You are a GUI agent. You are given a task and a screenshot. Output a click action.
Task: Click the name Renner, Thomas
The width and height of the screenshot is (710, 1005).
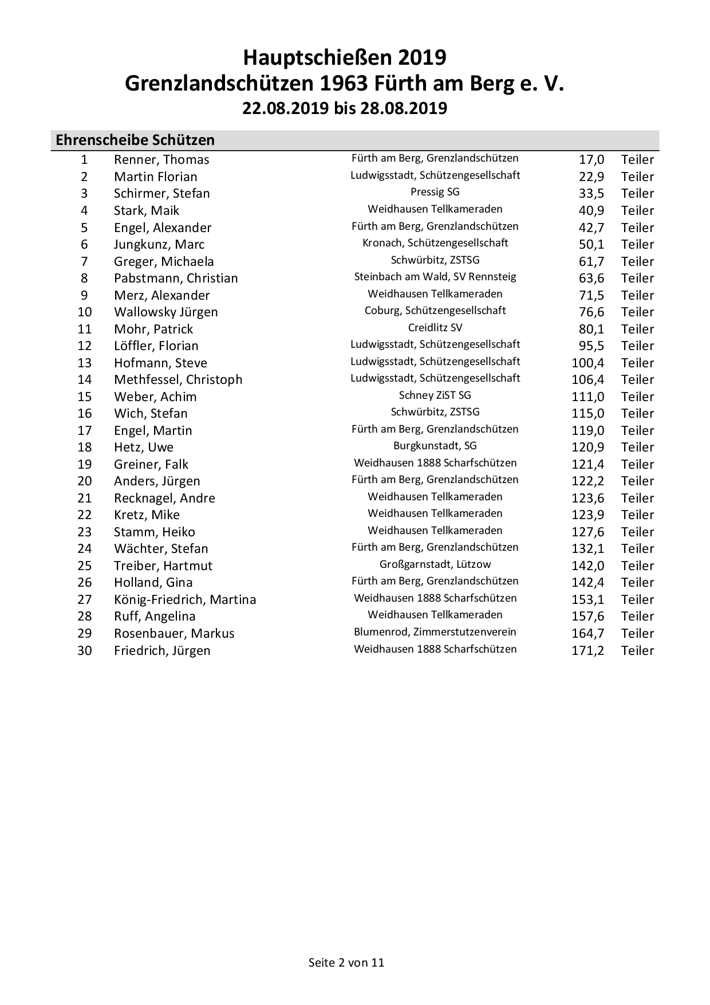pyautogui.click(x=161, y=160)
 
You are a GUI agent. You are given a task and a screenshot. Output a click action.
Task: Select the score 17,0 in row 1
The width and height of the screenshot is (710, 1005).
pyautogui.click(x=591, y=160)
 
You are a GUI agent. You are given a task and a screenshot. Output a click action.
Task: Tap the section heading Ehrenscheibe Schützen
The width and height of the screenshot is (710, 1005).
pyautogui.click(x=135, y=140)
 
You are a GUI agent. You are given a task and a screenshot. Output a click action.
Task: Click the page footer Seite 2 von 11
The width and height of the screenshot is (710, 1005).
pyautogui.click(x=346, y=963)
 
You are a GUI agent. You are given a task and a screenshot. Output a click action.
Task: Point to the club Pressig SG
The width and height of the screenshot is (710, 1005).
pyautogui.click(x=435, y=192)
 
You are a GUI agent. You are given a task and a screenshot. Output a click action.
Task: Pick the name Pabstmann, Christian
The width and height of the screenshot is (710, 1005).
pyautogui.click(x=176, y=278)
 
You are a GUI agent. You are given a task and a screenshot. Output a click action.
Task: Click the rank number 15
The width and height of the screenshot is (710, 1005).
pyautogui.click(x=85, y=396)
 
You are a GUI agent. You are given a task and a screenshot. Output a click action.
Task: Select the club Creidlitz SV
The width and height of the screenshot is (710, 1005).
pyautogui.click(x=435, y=328)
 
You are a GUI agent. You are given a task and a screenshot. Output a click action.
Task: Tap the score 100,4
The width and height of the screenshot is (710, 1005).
pyautogui.click(x=587, y=363)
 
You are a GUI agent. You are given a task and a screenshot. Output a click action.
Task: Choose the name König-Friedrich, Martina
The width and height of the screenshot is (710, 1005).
pyautogui.click(x=185, y=600)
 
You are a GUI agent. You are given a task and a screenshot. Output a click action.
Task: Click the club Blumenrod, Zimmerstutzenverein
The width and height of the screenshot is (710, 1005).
pyautogui.click(x=435, y=632)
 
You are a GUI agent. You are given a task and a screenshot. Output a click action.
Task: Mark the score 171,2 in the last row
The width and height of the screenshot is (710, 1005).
pyautogui.click(x=587, y=650)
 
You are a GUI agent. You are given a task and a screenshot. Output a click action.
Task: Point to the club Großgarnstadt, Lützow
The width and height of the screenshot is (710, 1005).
pyautogui.click(x=435, y=564)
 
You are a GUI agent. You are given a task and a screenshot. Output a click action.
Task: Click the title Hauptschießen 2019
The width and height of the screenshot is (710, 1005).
pyautogui.click(x=345, y=58)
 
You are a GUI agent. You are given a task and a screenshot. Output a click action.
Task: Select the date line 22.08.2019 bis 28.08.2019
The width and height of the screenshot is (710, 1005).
pyautogui.click(x=345, y=108)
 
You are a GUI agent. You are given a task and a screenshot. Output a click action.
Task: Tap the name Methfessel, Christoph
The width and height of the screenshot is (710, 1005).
pyautogui.click(x=178, y=380)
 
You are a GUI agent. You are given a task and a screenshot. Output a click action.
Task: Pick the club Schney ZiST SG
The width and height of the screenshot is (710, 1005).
pyautogui.click(x=435, y=395)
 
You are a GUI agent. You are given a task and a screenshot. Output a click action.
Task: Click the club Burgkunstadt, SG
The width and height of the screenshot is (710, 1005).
pyautogui.click(x=435, y=446)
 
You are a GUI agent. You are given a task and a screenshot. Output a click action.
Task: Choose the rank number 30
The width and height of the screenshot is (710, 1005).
pyautogui.click(x=85, y=650)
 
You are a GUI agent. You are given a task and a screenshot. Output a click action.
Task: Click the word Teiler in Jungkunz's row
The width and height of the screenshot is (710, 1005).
pyautogui.click(x=637, y=245)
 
